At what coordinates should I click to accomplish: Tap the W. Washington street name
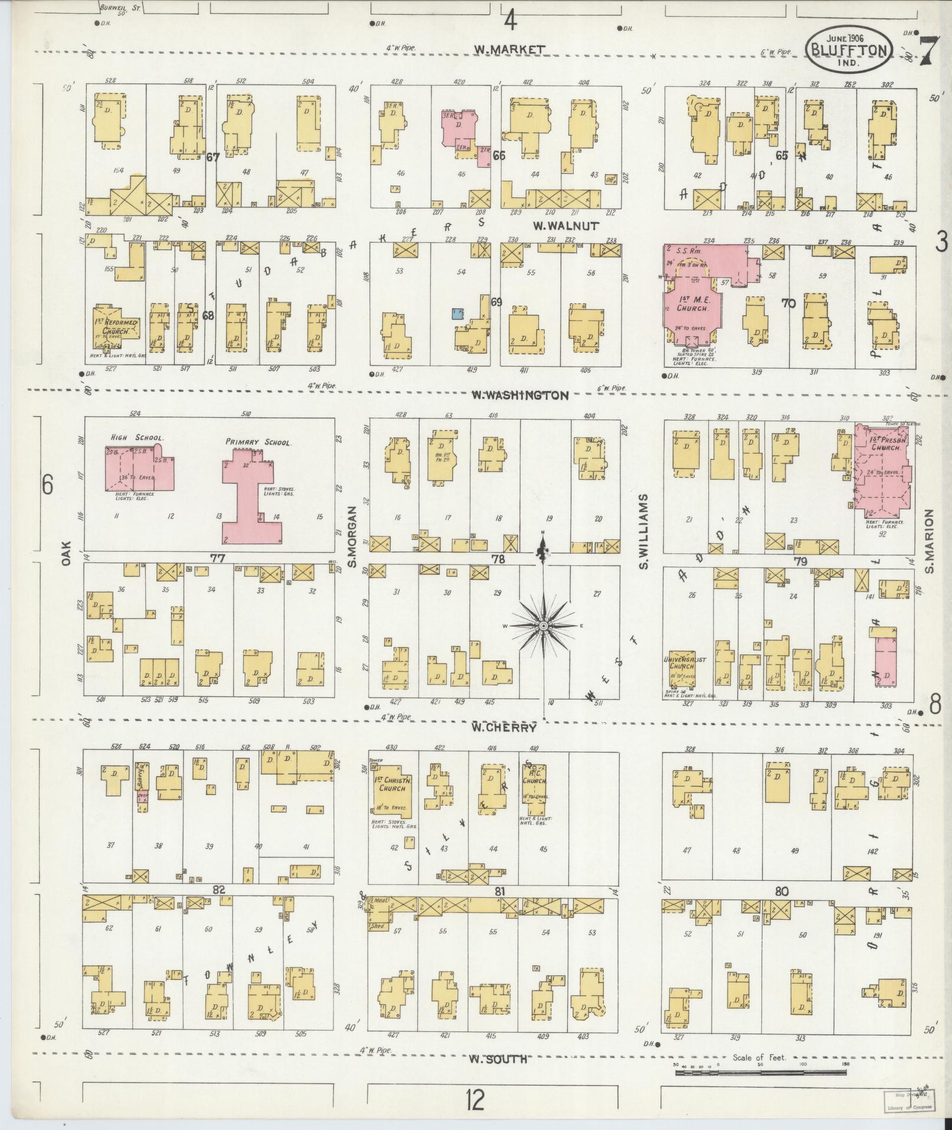pyautogui.click(x=519, y=395)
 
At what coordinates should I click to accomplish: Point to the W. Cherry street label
pyautogui.click(x=503, y=728)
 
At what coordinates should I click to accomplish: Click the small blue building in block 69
pyautogui.click(x=456, y=313)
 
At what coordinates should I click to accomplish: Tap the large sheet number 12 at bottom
pyautogui.click(x=475, y=1100)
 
